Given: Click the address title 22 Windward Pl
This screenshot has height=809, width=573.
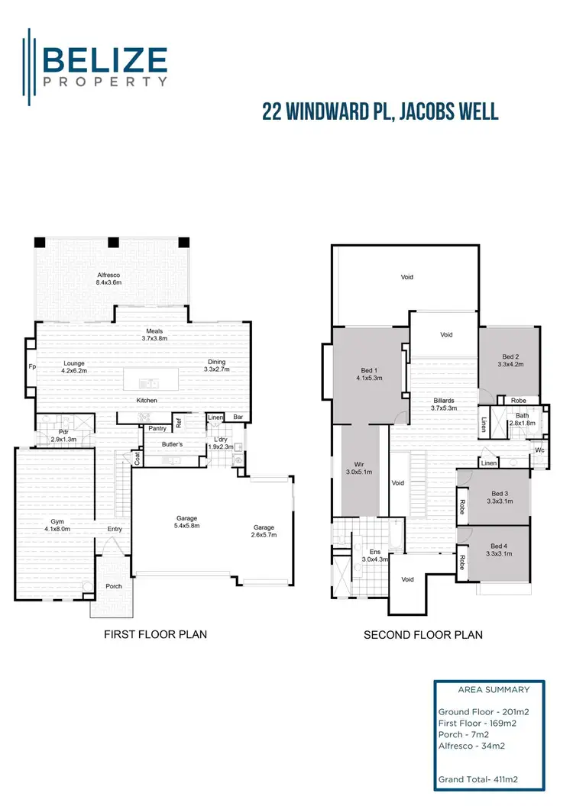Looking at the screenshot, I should tap(380, 111).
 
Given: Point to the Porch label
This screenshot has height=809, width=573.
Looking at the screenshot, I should tap(113, 586).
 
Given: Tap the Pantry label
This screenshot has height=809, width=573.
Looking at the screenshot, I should tap(157, 429).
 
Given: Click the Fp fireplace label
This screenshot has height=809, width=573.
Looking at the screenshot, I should tap(31, 366).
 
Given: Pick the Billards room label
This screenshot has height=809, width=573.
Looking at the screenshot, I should tap(443, 404).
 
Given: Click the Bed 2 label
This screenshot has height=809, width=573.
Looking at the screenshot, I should tap(510, 360).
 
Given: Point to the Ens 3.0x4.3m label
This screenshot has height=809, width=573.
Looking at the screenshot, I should tap(374, 556).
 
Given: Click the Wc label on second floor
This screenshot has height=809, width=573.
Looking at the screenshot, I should tap(539, 450).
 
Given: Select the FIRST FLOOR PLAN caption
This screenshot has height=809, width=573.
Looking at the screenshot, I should tap(156, 634).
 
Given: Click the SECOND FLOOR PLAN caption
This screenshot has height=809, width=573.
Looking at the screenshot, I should tap(422, 634).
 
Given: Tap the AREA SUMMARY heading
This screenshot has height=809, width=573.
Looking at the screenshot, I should tap(493, 689).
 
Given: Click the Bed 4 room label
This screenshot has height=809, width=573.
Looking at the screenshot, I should tap(499, 550).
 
